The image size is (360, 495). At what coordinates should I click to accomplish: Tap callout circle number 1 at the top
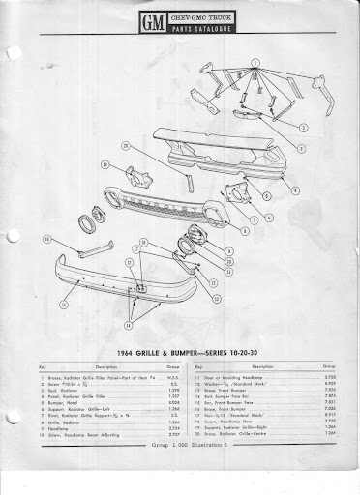pyautogui.click(x=255, y=64)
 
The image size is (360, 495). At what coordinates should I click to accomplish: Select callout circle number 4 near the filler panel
pyautogui.click(x=294, y=192)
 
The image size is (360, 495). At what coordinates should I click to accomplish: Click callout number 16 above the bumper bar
pyautogui.click(x=45, y=239)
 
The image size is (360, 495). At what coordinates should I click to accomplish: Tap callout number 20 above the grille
pyautogui.click(x=126, y=146)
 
